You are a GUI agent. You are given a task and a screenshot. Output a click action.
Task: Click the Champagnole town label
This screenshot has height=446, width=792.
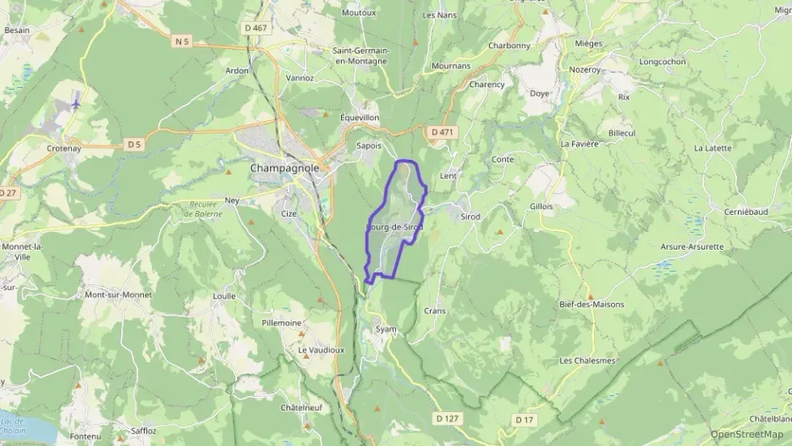point(284,168)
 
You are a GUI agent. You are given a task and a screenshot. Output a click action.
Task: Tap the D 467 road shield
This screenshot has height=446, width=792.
point(255,28)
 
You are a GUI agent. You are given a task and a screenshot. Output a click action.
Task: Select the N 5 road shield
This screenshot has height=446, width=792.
point(182,41)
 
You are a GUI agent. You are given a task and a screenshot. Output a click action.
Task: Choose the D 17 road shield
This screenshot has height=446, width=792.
point(525,419)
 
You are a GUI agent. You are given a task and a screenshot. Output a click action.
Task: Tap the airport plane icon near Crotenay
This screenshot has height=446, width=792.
point(77,104)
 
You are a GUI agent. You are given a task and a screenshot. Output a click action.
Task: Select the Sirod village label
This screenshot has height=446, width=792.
point(470,217)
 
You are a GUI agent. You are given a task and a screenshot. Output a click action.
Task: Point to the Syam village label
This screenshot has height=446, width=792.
point(386,328)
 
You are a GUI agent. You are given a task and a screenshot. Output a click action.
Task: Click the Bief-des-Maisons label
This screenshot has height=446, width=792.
point(591,305)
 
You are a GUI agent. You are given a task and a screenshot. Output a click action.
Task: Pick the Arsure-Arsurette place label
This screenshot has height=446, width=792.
point(692,246)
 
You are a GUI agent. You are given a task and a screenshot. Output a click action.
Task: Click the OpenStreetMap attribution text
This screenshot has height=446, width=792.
point(747,434)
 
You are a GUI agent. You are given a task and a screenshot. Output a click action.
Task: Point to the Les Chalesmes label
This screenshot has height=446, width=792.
point(587,361)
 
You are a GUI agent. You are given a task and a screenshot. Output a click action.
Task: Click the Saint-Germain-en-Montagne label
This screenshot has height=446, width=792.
point(361,56)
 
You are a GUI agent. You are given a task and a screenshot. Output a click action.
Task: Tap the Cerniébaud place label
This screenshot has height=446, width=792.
point(749,211)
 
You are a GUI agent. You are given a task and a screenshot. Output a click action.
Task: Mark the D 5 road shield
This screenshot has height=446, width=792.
point(134,144)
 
